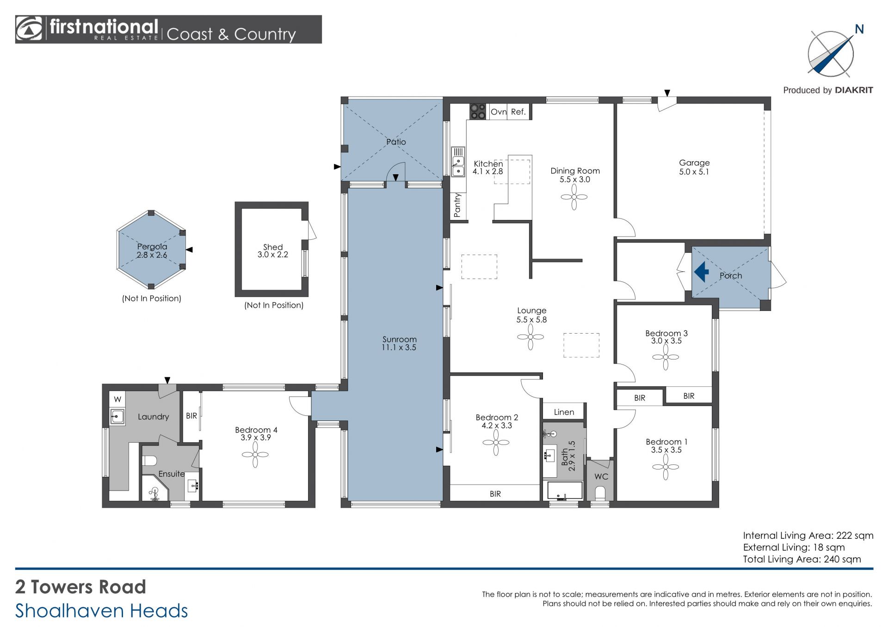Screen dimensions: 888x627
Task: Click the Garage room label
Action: [x=694, y=163]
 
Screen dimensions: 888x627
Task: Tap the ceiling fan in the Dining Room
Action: [x=574, y=197]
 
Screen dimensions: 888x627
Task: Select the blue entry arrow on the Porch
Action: [x=702, y=272]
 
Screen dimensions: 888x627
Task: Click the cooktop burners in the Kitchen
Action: [x=478, y=112]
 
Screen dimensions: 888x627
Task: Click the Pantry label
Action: [x=457, y=205]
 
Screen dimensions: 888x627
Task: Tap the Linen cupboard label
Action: [x=564, y=412]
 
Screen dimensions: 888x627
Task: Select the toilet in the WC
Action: [x=600, y=493]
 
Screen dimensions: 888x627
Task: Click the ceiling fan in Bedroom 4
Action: [x=255, y=455]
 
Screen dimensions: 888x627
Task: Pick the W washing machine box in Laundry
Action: [x=117, y=399]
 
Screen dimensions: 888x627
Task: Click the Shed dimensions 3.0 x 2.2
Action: [x=273, y=255]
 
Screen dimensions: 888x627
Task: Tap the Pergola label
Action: [x=152, y=246]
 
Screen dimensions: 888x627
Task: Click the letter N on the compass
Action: [x=859, y=29]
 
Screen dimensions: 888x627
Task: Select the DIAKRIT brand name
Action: [x=854, y=90]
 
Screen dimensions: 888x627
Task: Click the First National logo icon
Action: [x=29, y=29]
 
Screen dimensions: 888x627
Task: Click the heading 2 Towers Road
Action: [x=80, y=587]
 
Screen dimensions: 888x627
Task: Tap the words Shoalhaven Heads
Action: [x=102, y=611]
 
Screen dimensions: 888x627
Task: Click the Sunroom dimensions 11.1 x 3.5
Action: [x=399, y=347]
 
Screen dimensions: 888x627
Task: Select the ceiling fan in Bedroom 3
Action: [x=666, y=357]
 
